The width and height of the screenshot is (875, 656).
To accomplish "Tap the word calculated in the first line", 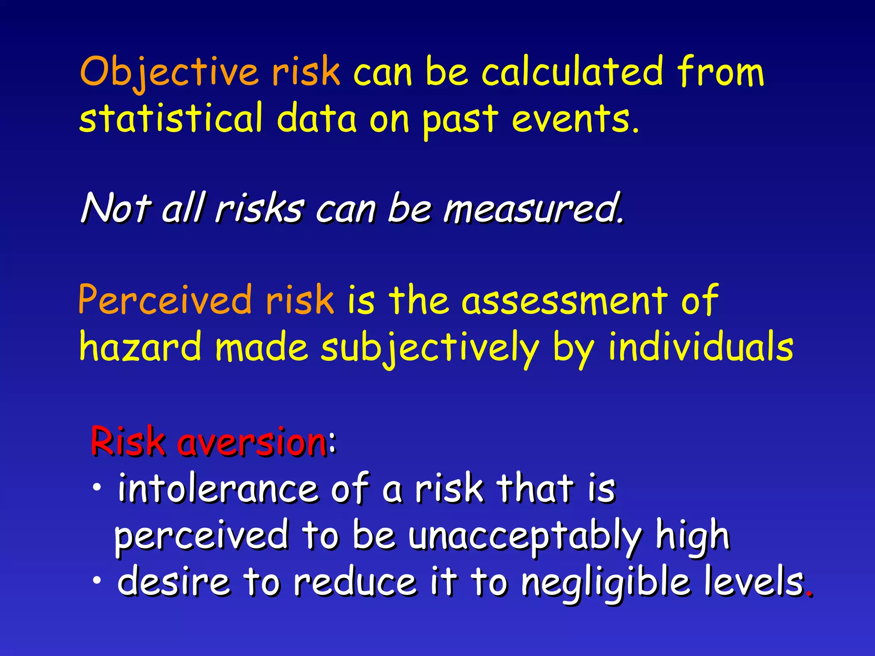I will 573,72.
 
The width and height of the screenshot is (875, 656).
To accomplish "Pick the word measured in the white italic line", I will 532,209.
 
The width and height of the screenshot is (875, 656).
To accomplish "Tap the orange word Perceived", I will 164,300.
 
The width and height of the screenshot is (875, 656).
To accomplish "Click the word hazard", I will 140,347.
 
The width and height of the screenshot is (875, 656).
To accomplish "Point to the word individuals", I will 701,347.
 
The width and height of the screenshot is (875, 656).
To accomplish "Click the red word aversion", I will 252,442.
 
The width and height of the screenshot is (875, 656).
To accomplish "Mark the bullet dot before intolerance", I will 97,487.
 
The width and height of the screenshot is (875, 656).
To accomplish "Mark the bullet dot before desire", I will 97,580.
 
